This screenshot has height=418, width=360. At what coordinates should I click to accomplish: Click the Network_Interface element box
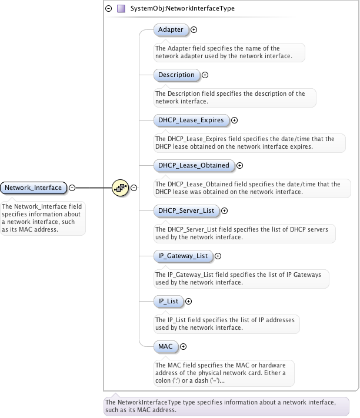34,188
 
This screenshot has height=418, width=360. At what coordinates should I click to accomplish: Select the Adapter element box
171,29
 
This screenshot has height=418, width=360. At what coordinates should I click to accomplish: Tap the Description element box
176,75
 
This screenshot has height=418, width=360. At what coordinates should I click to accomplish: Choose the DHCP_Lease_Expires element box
191,120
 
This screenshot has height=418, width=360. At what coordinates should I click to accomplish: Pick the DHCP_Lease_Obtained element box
194,165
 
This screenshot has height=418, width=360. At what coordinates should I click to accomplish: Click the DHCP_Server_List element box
186,210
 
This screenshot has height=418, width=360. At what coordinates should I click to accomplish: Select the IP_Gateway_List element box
183,256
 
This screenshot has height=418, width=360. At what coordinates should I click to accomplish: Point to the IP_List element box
168,301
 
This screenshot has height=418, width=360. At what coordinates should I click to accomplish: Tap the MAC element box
165,346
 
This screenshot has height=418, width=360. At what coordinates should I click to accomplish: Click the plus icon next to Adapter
194,29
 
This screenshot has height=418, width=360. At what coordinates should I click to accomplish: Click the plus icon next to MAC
183,347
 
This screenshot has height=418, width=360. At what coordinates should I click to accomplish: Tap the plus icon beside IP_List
188,302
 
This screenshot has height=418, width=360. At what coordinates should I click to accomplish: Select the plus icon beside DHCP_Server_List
224,210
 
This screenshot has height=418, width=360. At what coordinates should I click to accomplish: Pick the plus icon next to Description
205,75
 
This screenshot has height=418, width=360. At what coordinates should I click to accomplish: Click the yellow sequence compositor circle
120,188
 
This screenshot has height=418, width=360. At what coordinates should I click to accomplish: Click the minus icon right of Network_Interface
72,188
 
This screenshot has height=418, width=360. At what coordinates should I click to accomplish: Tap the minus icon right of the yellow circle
134,188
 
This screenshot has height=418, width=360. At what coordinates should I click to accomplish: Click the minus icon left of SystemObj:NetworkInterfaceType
108,9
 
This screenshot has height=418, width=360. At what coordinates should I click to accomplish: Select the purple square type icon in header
121,9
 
